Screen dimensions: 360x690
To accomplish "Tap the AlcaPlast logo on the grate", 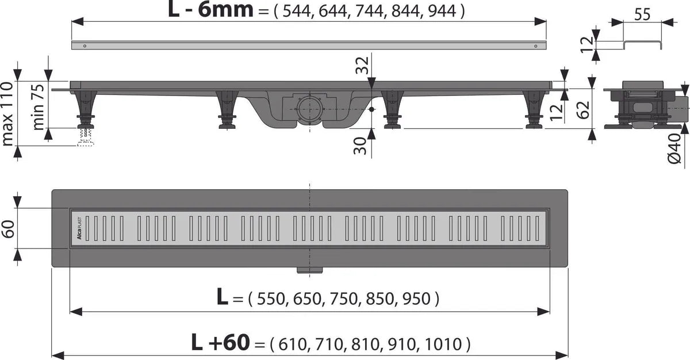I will pyautogui.click(x=79, y=228).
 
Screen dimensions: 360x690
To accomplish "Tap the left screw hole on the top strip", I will pyautogui.click(x=85, y=45).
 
